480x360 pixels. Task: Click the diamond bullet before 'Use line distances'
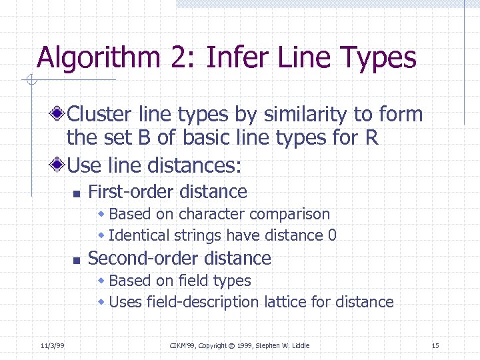point(60,163)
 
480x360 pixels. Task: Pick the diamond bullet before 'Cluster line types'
point(60,114)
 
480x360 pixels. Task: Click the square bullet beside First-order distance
point(77,193)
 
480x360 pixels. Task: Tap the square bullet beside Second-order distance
point(77,259)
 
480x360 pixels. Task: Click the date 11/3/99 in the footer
point(51,345)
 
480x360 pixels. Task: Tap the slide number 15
point(435,345)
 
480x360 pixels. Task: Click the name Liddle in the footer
point(299,345)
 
